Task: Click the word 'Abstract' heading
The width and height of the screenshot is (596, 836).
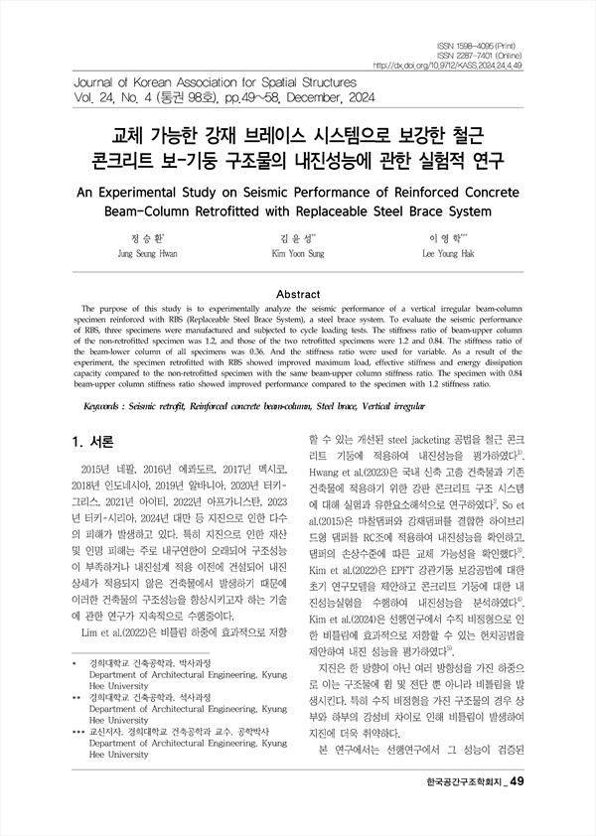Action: [297, 294]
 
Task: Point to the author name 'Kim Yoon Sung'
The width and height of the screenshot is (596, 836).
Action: [298, 254]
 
